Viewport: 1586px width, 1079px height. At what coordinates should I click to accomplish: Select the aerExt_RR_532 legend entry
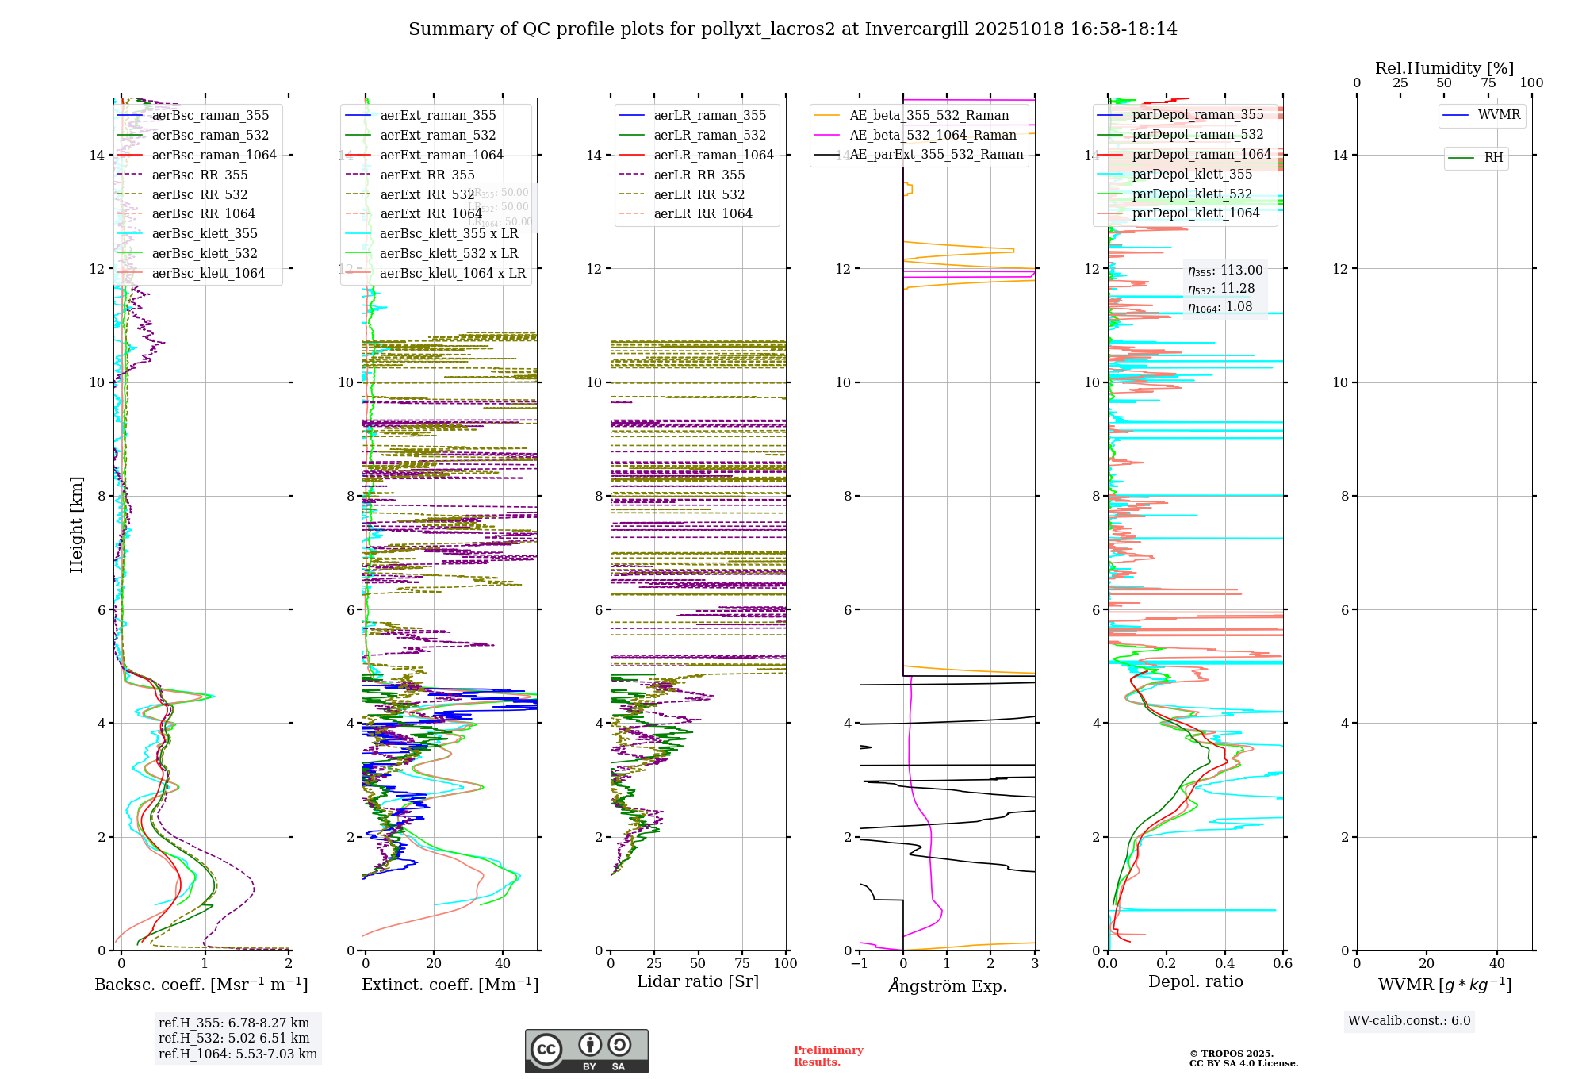[427, 195]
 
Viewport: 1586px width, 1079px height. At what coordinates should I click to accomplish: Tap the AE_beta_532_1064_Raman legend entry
[933, 136]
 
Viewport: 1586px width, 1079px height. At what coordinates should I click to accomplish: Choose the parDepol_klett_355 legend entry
[1192, 175]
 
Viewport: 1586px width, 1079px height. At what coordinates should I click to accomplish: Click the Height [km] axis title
[76, 524]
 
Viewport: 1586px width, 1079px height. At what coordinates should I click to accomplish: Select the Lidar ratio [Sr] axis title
[698, 982]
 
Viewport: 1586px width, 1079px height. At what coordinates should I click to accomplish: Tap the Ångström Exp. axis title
[948, 986]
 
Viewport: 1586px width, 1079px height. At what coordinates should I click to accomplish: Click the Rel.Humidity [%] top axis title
[1444, 68]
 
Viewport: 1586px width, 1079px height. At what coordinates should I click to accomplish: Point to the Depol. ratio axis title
[1195, 982]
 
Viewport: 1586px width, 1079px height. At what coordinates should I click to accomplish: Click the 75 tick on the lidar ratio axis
[742, 964]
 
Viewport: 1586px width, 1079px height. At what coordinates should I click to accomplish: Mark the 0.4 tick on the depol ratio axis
[1224, 964]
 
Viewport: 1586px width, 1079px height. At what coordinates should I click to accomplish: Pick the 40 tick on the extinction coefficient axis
[503, 964]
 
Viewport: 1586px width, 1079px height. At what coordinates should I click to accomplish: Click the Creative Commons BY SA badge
[586, 1051]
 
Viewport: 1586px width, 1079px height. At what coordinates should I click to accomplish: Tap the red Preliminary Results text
[828, 1056]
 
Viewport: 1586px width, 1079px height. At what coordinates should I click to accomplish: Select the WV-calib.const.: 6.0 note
[1409, 1021]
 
